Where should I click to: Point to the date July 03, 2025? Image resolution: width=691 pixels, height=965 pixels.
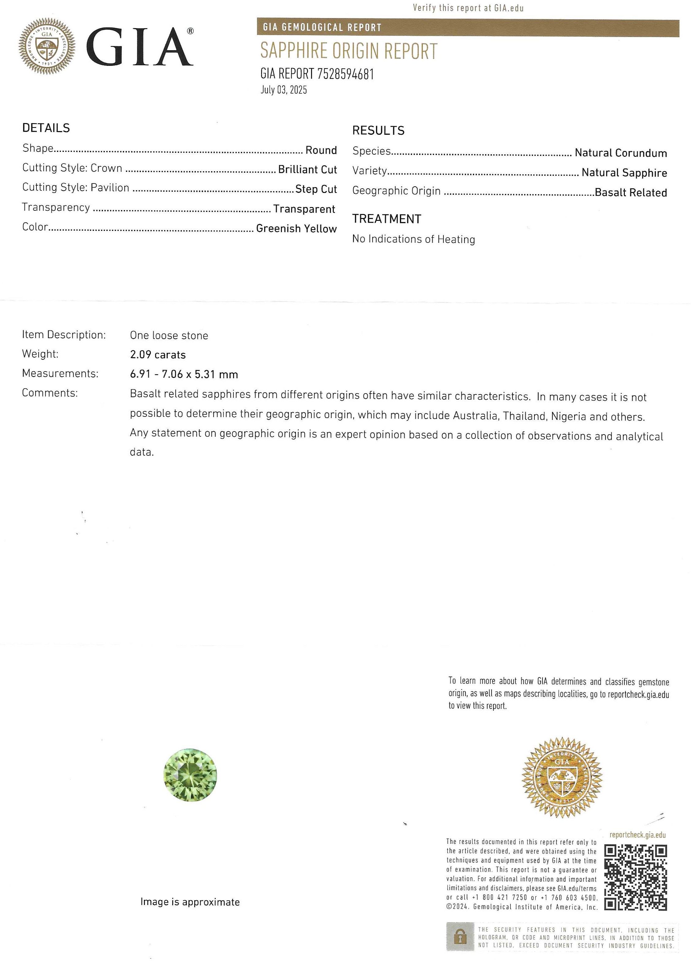pyautogui.click(x=283, y=90)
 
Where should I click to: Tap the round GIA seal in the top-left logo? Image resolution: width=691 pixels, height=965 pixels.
pyautogui.click(x=47, y=46)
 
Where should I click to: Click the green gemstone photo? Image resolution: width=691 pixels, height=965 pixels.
pyautogui.click(x=190, y=775)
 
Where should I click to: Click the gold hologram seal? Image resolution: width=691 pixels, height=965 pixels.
pyautogui.click(x=562, y=777)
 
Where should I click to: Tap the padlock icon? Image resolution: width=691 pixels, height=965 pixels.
pyautogui.click(x=460, y=936)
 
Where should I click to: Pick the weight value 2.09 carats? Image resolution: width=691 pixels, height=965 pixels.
pyautogui.click(x=158, y=355)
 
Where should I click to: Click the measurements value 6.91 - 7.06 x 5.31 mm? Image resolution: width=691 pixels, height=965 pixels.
pyautogui.click(x=184, y=374)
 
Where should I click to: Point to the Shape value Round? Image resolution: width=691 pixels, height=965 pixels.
pyautogui.click(x=321, y=150)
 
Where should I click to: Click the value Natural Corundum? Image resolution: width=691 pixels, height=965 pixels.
pyautogui.click(x=621, y=153)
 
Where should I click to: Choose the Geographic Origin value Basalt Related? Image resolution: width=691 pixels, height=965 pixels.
pyautogui.click(x=631, y=193)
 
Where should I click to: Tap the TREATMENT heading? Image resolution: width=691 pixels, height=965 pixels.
pyautogui.click(x=386, y=219)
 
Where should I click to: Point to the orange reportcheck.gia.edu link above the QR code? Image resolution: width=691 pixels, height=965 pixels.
pyautogui.click(x=637, y=835)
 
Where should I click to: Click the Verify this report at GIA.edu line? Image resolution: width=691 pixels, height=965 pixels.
pyautogui.click(x=468, y=8)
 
